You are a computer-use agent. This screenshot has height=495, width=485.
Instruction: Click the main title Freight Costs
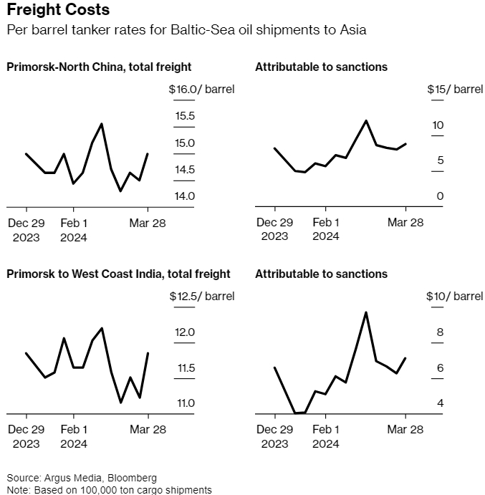(x=58, y=11)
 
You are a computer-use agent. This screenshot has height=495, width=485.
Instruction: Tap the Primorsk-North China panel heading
(x=99, y=67)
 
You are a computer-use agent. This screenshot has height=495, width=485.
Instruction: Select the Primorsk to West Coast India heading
(x=118, y=274)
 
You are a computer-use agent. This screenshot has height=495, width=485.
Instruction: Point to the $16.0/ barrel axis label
(x=201, y=90)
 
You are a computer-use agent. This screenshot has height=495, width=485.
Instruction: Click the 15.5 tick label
(x=185, y=116)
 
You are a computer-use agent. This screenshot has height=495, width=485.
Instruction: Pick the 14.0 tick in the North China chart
(x=185, y=196)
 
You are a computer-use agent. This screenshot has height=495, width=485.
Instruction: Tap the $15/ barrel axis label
(x=455, y=90)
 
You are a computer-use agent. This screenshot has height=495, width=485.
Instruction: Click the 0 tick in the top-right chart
(x=441, y=196)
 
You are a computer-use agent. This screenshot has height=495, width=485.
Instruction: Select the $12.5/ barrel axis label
(x=201, y=296)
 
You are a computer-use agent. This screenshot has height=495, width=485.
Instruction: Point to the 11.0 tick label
(x=185, y=403)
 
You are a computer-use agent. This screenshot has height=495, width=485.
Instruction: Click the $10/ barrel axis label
(x=455, y=296)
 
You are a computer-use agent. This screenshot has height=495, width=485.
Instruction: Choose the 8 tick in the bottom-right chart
(x=441, y=332)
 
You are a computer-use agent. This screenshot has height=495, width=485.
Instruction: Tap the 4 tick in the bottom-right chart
(x=441, y=403)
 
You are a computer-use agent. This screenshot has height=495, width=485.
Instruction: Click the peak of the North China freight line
(x=102, y=124)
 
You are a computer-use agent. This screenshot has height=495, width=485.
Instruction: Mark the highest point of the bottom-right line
(x=366, y=312)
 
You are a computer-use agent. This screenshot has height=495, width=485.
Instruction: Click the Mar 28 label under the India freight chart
(x=148, y=430)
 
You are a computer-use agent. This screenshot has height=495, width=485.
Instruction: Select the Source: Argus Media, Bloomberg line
(x=82, y=477)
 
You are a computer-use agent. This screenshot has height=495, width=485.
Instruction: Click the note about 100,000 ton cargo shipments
(x=109, y=489)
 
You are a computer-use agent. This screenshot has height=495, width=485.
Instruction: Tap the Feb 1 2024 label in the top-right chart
(x=326, y=229)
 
